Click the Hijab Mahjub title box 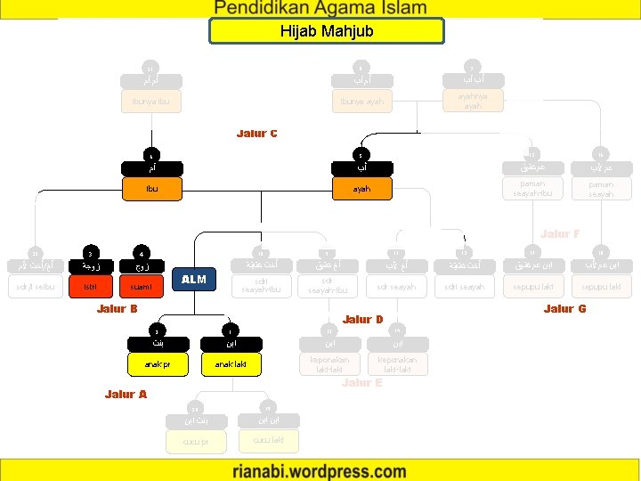click(326, 31)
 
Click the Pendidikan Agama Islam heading click(320, 8)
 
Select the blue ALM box click(193, 280)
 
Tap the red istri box click(91, 287)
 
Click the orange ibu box click(152, 189)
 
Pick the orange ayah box click(361, 189)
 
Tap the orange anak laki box click(231, 363)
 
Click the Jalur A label click(126, 394)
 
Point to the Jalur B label click(117, 309)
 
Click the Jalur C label click(257, 134)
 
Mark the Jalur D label click(362, 319)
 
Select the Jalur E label click(361, 382)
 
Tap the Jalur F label click(561, 234)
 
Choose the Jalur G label click(564, 309)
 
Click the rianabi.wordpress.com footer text click(320, 470)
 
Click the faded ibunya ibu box click(151, 102)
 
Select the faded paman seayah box click(601, 189)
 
